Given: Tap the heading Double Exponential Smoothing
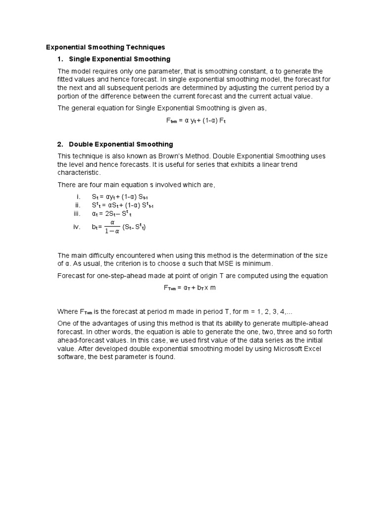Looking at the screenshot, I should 121,144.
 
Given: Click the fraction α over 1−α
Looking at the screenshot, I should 112,227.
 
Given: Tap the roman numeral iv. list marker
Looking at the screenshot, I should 77,227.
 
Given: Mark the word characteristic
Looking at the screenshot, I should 79,173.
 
